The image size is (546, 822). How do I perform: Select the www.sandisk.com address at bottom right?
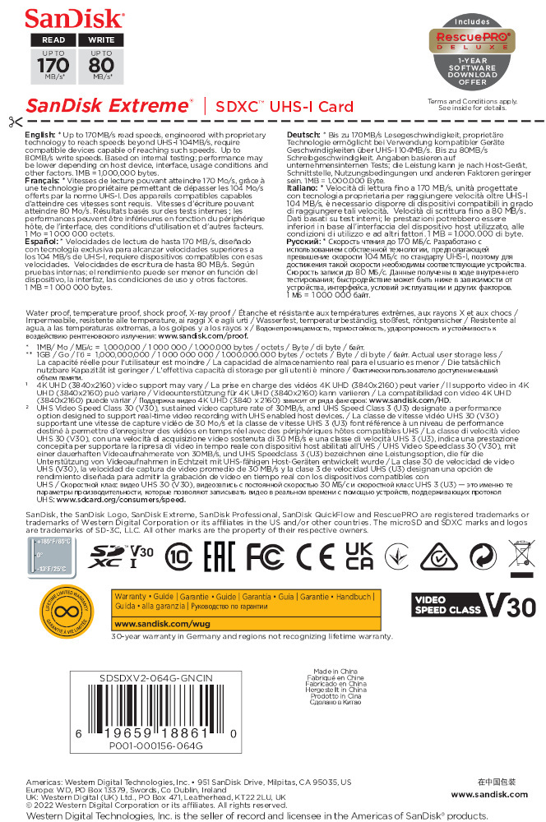[x=489, y=794]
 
